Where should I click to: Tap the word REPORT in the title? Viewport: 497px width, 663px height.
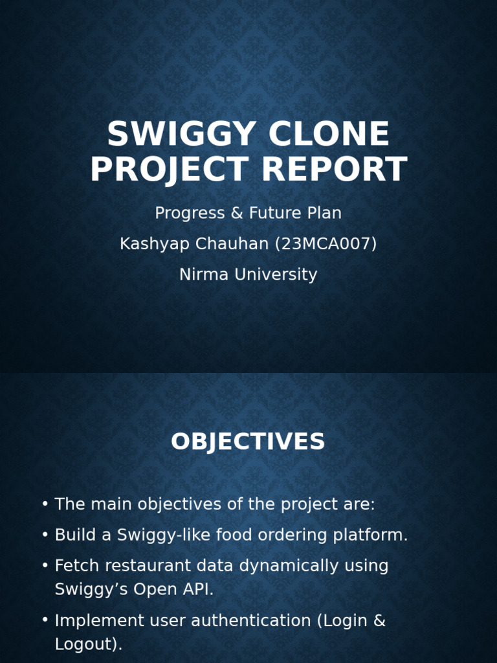(x=334, y=170)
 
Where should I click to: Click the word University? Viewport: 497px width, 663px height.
(x=276, y=275)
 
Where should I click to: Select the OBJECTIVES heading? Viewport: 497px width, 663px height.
(x=248, y=442)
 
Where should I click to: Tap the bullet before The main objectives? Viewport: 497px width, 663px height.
(x=45, y=504)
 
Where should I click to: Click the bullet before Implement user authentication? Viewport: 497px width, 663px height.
(x=45, y=621)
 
